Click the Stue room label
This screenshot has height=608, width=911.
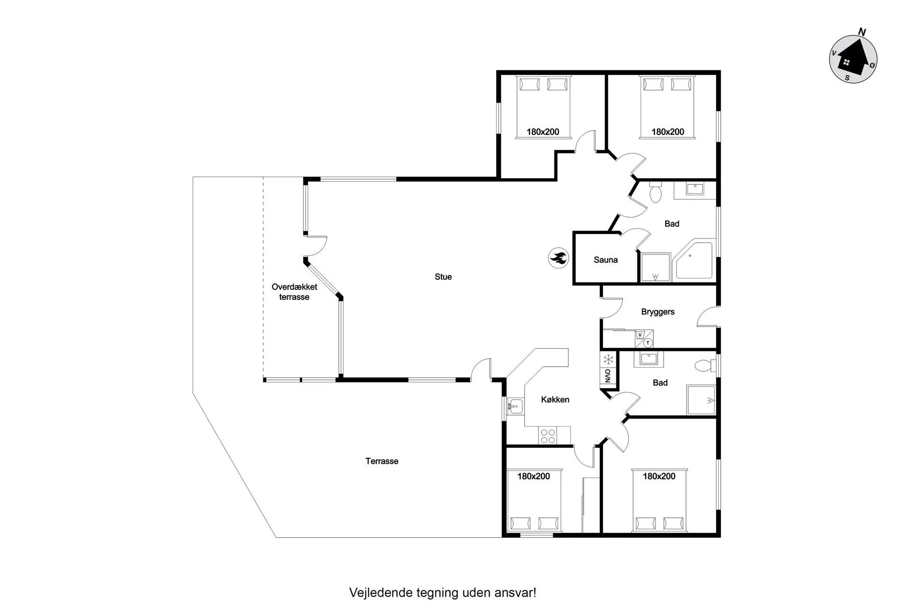coord(443,277)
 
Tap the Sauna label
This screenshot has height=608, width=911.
coord(605,260)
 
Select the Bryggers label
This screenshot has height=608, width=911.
coord(658,312)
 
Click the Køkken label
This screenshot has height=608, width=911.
coord(555,400)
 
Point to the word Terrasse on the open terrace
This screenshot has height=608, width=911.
coord(382,461)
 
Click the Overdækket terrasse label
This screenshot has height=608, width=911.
coord(294,292)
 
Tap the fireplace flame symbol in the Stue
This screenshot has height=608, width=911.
coord(558,258)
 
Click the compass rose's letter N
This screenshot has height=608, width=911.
coord(862,32)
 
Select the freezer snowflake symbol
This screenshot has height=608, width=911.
coord(608,359)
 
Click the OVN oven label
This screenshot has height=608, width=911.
coord(608,375)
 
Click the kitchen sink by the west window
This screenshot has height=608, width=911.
coord(515,406)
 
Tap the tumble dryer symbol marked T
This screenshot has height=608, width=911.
coord(648,342)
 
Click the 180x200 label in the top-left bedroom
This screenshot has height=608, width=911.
coord(543,132)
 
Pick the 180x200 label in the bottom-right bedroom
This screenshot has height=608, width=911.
coord(659,476)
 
